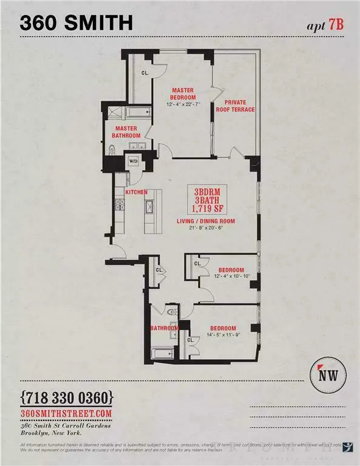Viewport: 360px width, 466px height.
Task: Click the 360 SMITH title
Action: coord(76,22)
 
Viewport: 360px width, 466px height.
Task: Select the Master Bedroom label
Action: coord(183,93)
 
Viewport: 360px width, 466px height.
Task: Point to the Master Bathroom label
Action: coord(126,132)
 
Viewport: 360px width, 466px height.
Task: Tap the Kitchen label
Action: coord(137,192)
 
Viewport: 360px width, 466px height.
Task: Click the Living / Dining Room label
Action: coord(206,221)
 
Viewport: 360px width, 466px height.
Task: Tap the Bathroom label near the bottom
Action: coord(165,328)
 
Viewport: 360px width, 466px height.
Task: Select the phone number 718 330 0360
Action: coord(67,398)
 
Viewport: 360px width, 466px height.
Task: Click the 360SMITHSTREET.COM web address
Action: coord(67,413)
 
